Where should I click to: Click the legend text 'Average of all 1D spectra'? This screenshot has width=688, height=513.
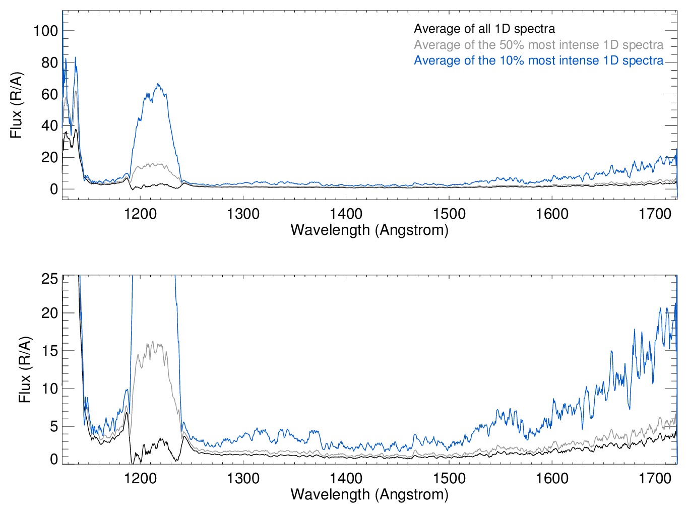(484, 29)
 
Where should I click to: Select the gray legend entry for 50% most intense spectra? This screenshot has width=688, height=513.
(538, 45)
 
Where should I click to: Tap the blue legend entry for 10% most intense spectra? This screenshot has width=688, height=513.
(538, 60)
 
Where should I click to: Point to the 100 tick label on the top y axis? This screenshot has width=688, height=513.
(46, 31)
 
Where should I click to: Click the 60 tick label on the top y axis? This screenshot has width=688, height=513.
(50, 94)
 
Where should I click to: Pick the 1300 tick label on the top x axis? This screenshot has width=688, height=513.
(243, 214)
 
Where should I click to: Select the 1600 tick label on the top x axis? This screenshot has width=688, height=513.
(552, 214)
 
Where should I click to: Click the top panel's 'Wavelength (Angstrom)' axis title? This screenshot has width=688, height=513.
(369, 230)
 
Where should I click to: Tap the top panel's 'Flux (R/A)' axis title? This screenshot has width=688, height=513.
(16, 105)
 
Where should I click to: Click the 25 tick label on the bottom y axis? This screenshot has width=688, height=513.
(50, 279)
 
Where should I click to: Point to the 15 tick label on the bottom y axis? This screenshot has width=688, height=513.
(50, 351)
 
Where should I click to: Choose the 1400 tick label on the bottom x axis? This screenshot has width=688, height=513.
(346, 478)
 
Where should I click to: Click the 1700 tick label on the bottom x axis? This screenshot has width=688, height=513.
(655, 478)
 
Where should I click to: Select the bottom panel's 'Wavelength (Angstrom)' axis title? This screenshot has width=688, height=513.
(369, 494)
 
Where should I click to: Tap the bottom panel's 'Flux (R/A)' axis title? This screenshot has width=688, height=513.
(24, 369)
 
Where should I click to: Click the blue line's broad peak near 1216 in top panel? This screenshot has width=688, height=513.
(158, 84)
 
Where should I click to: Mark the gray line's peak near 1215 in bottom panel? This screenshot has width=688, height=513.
(153, 342)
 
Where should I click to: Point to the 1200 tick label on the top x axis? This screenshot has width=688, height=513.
(141, 214)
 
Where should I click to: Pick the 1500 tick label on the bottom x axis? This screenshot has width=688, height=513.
(449, 478)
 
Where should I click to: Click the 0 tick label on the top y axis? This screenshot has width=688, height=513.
(54, 189)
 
